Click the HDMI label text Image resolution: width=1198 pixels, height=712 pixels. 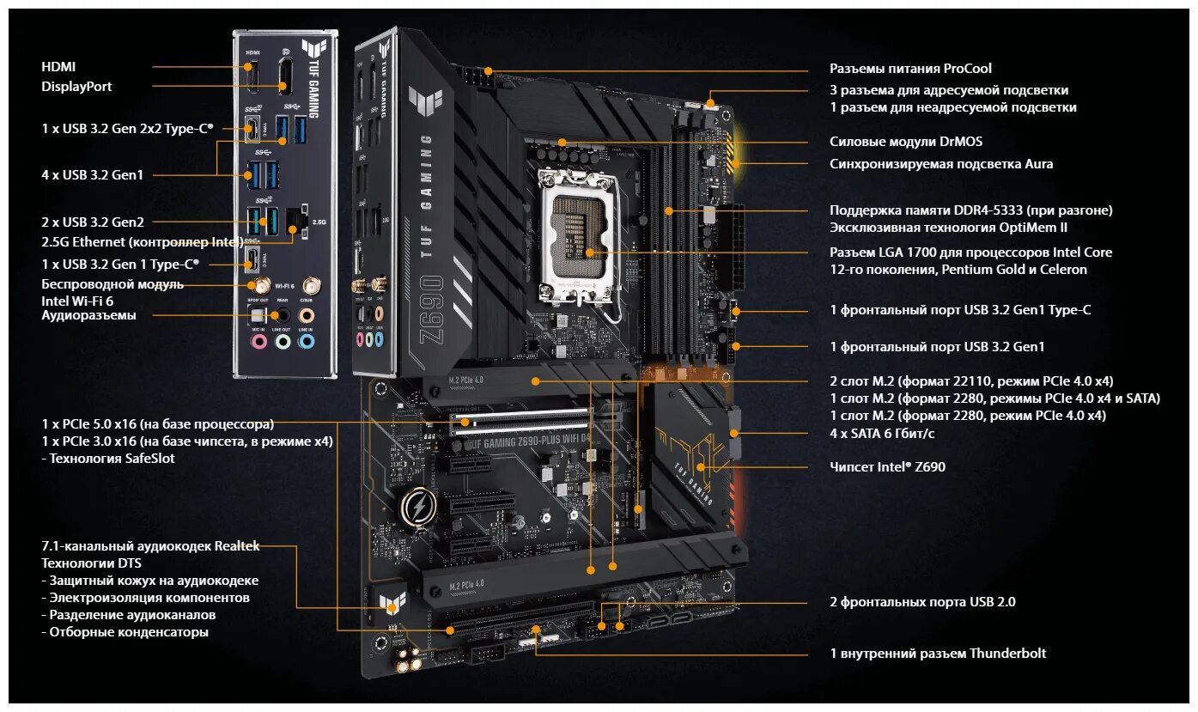pyautogui.click(x=58, y=66)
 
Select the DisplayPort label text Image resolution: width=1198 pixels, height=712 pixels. pyautogui.click(x=76, y=86)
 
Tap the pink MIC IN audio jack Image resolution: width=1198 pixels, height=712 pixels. pyautogui.click(x=258, y=342)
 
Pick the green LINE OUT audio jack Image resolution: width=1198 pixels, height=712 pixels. pyautogui.click(x=283, y=342)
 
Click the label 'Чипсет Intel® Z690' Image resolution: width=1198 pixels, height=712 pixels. pyautogui.click(x=888, y=467)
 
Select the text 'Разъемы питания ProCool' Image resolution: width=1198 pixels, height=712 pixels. pyautogui.click(x=910, y=69)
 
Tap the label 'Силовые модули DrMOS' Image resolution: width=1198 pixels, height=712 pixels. pyautogui.click(x=905, y=142)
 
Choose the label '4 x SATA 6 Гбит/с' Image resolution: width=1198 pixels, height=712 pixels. pyautogui.click(x=882, y=434)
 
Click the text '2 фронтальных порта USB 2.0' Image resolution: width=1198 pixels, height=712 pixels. pyautogui.click(x=922, y=602)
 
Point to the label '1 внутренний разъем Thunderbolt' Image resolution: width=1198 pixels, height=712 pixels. pyautogui.click(x=938, y=654)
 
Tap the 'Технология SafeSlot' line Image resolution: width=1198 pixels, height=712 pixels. pyautogui.click(x=108, y=459)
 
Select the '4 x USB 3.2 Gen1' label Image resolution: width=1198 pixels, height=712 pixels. pyautogui.click(x=93, y=175)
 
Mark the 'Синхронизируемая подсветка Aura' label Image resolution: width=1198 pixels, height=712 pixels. pyautogui.click(x=940, y=163)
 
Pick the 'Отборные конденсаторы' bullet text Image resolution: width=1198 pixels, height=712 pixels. pyautogui.click(x=125, y=632)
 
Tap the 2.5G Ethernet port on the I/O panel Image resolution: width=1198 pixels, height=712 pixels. pyautogui.click(x=295, y=222)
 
